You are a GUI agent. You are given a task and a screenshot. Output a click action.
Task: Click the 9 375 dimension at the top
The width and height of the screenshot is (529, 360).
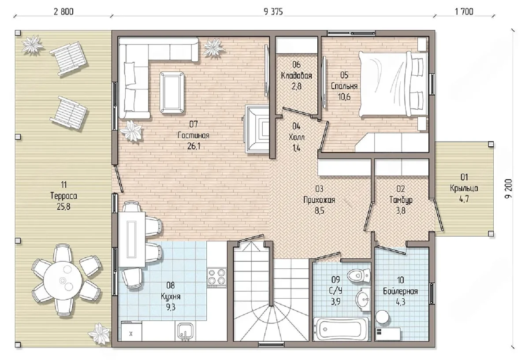[x=273, y=11]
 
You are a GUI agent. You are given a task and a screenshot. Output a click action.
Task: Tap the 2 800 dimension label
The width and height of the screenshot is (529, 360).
[x=63, y=11]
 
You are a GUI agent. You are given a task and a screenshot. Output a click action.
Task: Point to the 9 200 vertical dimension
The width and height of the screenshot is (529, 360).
[x=508, y=189]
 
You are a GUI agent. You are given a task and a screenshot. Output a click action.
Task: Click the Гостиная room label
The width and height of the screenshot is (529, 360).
[x=194, y=135]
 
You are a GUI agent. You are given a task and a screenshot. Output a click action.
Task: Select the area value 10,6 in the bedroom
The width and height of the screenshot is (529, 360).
[x=344, y=97]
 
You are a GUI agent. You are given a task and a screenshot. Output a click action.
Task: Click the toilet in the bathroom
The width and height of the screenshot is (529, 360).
[x=359, y=275]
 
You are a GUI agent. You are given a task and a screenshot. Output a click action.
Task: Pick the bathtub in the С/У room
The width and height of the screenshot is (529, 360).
[x=341, y=329]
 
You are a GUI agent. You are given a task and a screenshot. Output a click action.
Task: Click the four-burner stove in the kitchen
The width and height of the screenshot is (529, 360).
[x=217, y=278]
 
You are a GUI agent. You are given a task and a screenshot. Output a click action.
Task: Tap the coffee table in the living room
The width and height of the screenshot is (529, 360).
[x=172, y=93]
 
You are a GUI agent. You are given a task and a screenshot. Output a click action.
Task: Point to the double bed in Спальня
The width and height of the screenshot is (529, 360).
[x=393, y=84]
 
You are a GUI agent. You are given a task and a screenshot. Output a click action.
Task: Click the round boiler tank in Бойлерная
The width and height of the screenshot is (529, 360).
[x=382, y=317]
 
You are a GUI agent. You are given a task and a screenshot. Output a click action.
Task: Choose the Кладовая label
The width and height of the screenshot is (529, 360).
[x=296, y=75]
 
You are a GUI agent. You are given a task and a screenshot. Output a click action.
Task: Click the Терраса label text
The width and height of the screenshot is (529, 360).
[x=63, y=196]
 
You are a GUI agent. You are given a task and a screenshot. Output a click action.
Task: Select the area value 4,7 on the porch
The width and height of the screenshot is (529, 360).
[x=464, y=199]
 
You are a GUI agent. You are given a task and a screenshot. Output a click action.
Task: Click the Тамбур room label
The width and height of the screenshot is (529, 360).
[x=401, y=200]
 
